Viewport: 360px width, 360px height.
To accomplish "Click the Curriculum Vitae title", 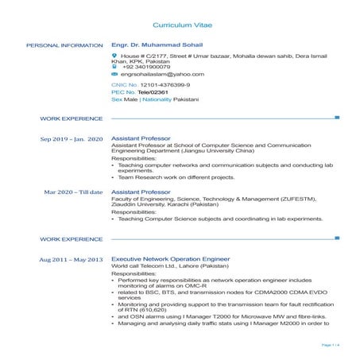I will pos(180,26).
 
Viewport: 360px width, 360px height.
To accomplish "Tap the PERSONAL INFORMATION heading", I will pos(64,45).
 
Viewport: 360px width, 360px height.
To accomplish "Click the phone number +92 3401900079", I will pos(146,67).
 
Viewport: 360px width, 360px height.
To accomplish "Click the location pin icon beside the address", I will pos(114,56).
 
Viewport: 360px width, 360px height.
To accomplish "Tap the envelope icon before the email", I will pos(114,74).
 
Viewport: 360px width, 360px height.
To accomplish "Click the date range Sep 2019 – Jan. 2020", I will pos(72,139).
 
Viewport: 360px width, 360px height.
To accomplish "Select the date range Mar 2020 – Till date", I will pos(74,192).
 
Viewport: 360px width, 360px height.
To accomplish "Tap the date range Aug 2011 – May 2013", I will pos(72,260).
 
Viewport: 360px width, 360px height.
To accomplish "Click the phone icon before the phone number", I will pos(114,67).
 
